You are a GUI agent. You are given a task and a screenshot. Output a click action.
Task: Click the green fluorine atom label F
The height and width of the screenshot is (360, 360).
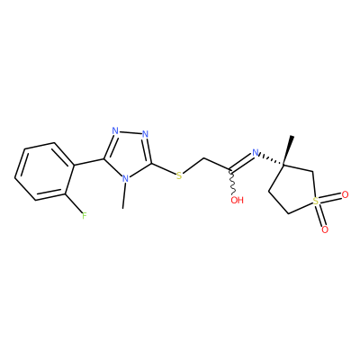(x=85, y=215)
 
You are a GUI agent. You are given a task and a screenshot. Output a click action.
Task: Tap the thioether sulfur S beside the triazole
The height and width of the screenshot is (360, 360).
(x=179, y=175)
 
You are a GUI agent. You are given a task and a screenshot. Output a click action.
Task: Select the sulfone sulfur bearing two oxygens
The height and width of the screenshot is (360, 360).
(x=315, y=202)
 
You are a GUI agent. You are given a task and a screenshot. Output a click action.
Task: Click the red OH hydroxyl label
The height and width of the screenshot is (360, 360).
(x=237, y=200)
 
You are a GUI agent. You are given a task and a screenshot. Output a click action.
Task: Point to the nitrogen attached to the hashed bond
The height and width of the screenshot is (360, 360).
(x=256, y=153)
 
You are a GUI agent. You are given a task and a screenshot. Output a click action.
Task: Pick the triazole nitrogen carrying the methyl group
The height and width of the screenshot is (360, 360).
(x=126, y=179)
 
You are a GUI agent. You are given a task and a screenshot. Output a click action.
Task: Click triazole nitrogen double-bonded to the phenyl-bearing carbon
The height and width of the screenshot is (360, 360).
(x=115, y=131)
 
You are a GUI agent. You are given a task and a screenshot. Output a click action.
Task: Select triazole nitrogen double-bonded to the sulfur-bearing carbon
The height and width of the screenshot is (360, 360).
(x=146, y=134)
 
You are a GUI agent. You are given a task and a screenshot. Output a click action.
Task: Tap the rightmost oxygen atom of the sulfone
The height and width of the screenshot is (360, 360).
(x=345, y=195)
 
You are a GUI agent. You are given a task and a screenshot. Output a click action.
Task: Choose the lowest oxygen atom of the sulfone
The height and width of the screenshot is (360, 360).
(x=325, y=229)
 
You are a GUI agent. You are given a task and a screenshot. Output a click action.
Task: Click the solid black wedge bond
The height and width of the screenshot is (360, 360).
(x=287, y=150)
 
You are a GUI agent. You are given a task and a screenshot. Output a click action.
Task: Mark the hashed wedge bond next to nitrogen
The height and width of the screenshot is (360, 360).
(x=272, y=160)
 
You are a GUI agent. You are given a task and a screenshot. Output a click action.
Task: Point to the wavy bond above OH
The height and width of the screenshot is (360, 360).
(x=232, y=183)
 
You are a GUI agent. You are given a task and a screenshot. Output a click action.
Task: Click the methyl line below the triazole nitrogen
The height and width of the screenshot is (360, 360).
(x=124, y=196)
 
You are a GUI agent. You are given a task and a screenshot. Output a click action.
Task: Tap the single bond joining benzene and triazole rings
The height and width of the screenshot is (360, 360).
(x=89, y=162)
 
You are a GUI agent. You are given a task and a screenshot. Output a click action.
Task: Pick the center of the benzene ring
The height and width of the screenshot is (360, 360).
(x=45, y=171)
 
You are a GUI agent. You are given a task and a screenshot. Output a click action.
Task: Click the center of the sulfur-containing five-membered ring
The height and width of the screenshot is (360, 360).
(x=292, y=188)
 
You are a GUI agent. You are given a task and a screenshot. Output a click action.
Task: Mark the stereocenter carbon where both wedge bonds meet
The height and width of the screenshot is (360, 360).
(x=283, y=165)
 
